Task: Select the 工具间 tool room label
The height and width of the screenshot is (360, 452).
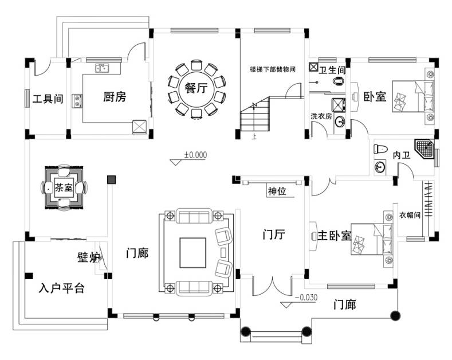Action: coord(48,99)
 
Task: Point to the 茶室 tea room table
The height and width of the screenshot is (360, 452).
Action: coord(64,187)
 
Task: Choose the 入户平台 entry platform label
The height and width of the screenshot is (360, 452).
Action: coord(62,288)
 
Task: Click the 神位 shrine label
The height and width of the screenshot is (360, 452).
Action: coord(277,191)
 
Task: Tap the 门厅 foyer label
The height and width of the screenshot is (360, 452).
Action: coord(274,234)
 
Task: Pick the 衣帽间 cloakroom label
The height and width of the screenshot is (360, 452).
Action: coord(410,216)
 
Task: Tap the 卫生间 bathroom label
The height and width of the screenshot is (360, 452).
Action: coord(332,70)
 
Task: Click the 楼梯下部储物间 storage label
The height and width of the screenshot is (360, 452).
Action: coord(272,69)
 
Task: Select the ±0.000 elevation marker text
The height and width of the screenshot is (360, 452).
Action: coord(195,155)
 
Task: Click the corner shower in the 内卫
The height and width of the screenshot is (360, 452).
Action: coord(425,148)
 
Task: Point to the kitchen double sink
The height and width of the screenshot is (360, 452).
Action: coord(103,69)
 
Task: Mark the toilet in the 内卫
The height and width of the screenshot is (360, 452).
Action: coord(379,150)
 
